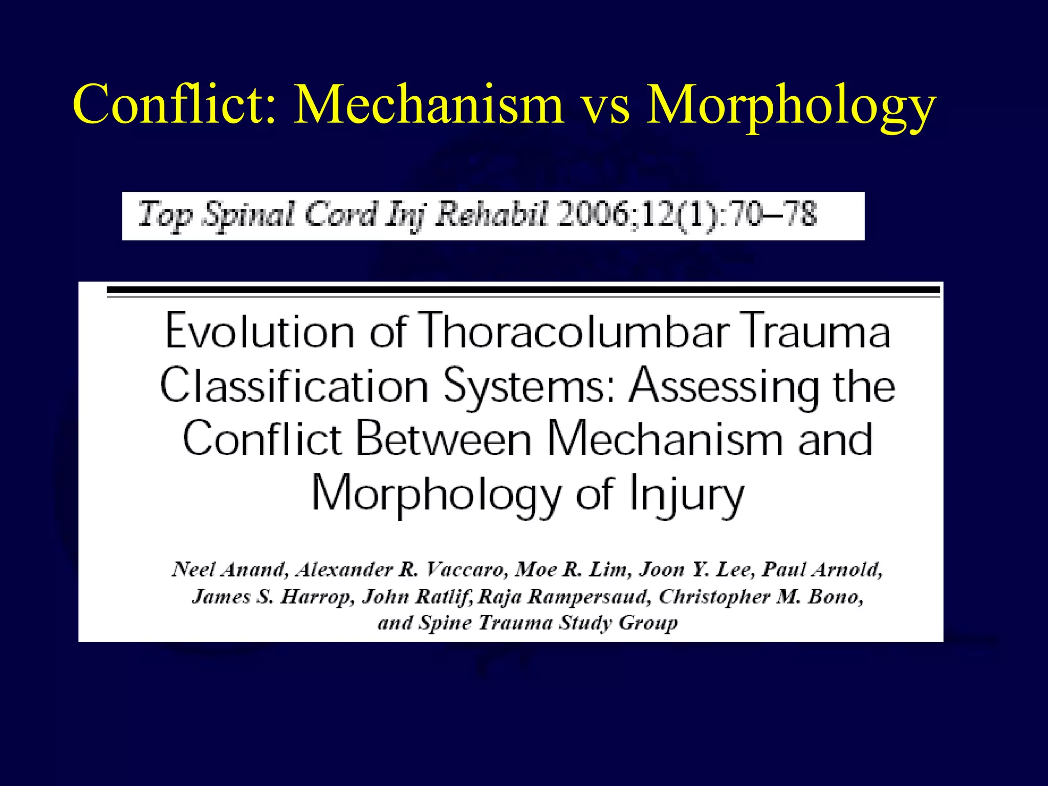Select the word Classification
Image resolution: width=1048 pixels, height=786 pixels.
pyautogui.click(x=294, y=386)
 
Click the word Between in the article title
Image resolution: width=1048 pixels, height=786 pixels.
pyautogui.click(x=443, y=440)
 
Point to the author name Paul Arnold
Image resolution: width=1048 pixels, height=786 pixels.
pyautogui.click(x=822, y=570)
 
